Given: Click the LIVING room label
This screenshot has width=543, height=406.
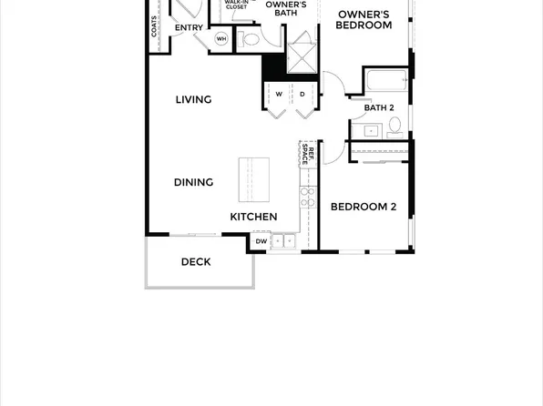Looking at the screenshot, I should (193, 99).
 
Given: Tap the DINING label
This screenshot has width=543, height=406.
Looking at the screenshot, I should (193, 182).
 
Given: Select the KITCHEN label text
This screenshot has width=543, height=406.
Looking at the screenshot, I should (253, 217).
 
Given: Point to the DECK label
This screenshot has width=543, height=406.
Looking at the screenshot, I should (195, 262).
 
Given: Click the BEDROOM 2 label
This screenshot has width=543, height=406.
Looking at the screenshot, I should (363, 207).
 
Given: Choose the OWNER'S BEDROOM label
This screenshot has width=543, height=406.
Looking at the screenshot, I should (364, 20).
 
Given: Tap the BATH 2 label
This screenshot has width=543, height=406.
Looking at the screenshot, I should (379, 108).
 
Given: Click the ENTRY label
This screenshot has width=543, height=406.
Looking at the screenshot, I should (189, 28).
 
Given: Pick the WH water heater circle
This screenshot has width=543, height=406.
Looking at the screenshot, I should (221, 39).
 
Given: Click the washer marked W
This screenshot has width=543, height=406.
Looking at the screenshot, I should (278, 94).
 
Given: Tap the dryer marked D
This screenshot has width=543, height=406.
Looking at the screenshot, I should (302, 94).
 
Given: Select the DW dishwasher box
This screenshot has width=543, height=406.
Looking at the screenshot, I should (261, 241).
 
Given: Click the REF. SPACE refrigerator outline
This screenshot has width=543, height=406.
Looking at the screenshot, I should (310, 155).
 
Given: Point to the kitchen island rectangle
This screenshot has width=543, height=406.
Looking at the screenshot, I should (254, 179).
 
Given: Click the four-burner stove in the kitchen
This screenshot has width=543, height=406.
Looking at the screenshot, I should (307, 196).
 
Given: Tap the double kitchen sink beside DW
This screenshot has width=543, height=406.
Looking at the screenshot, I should (284, 241).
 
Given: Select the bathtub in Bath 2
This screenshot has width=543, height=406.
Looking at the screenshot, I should (386, 81).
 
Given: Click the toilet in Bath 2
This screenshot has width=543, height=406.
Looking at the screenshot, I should (394, 127).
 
